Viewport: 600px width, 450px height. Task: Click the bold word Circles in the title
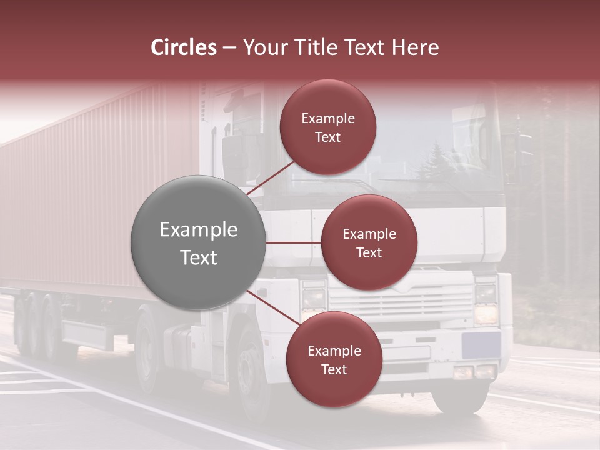click(183, 47)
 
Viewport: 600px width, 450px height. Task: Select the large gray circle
click(198, 242)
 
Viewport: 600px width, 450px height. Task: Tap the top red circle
click(327, 127)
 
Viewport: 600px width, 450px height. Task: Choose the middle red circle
click(369, 242)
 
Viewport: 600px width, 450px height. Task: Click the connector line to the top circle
click(271, 177)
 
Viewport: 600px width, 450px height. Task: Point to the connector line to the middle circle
click(293, 242)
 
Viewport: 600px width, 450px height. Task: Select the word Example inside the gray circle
click(198, 230)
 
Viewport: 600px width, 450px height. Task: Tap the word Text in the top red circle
click(327, 137)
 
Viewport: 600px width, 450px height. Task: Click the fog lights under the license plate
click(474, 372)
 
